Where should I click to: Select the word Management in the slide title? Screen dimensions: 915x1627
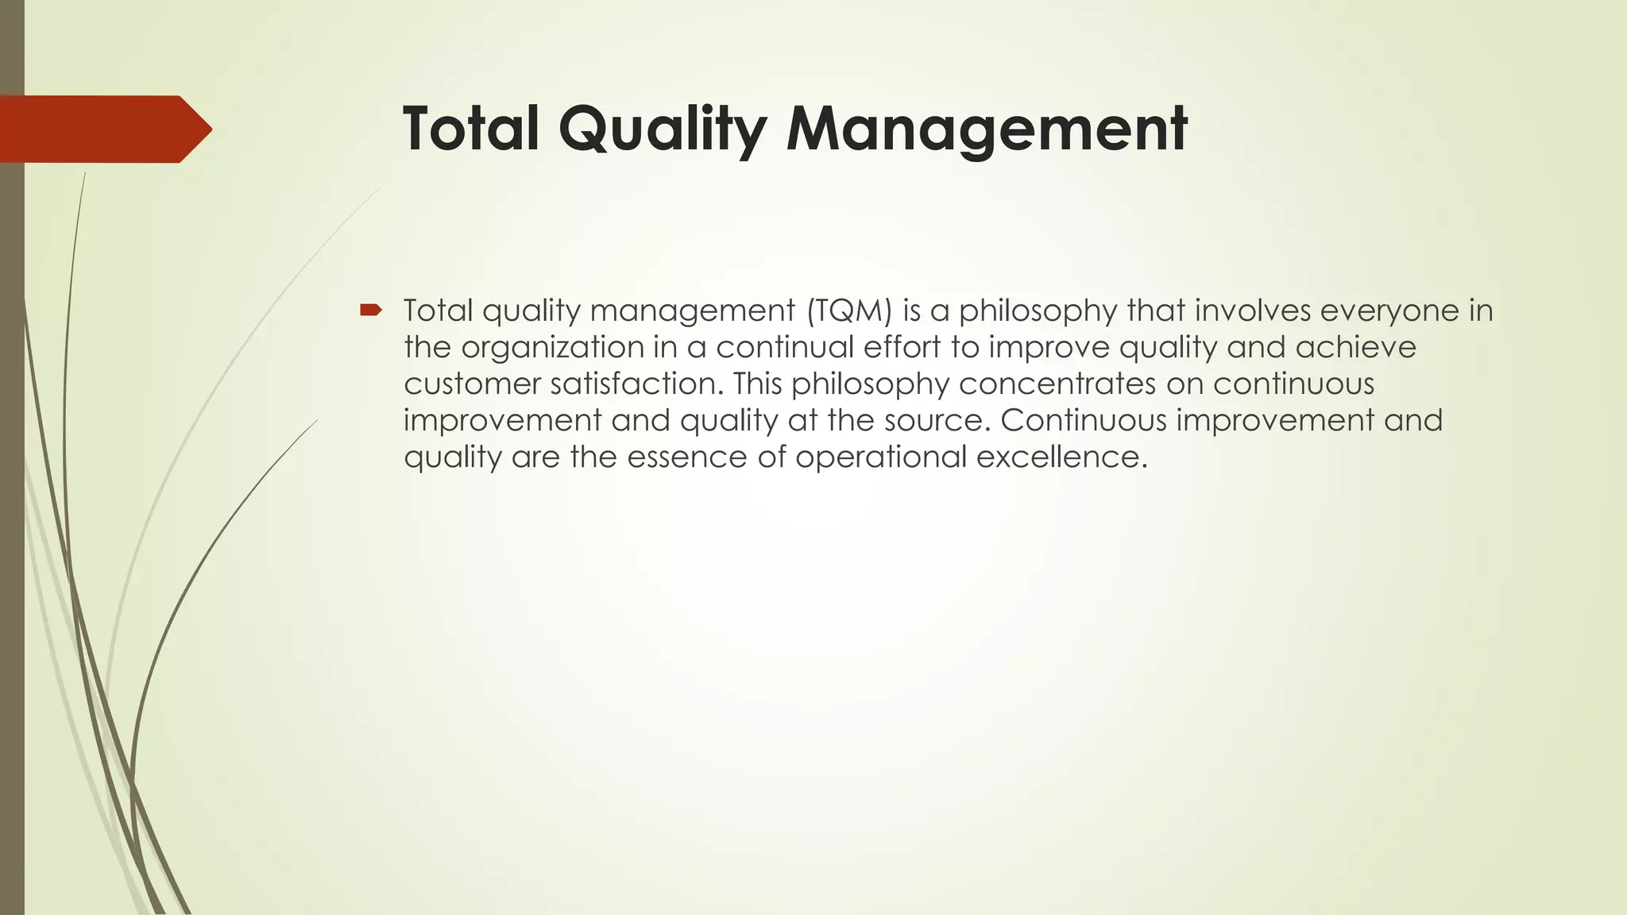pyautogui.click(x=986, y=129)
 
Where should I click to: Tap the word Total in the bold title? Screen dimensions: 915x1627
pyautogui.click(x=471, y=129)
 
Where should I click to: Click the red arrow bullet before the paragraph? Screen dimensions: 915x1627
pyautogui.click(x=370, y=310)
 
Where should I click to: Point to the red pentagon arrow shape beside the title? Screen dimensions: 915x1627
pyautogui.click(x=106, y=129)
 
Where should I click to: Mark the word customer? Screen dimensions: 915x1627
pyautogui.click(x=472, y=384)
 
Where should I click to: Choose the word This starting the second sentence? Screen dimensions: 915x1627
pyautogui.click(x=757, y=384)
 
